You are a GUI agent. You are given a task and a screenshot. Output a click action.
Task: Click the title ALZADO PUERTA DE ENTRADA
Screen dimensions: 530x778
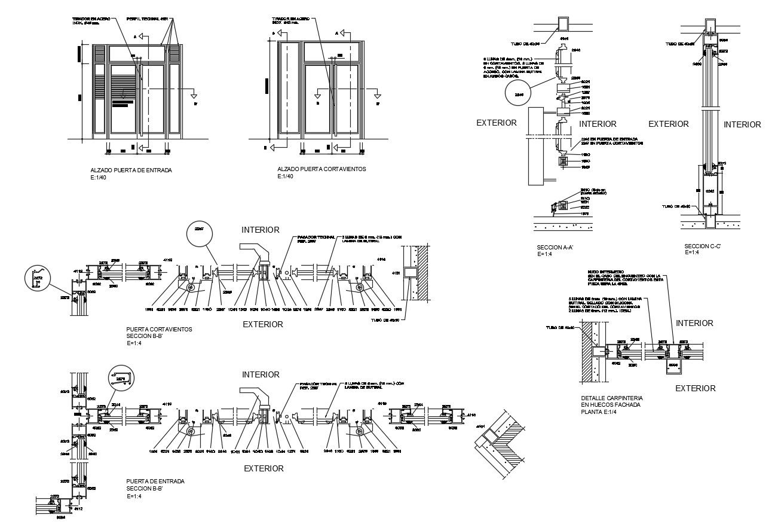(x=131, y=170)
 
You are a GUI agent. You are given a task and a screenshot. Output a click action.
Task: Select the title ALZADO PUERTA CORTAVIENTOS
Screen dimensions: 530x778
(x=321, y=169)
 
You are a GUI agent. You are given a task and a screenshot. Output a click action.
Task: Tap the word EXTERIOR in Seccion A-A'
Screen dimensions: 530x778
(x=496, y=123)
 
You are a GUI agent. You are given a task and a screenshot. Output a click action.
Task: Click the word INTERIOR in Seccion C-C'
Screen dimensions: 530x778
(x=742, y=124)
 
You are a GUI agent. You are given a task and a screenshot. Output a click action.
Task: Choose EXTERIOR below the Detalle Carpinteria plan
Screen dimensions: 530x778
(x=695, y=388)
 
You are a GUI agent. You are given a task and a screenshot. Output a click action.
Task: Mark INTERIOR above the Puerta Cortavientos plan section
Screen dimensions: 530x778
(x=261, y=230)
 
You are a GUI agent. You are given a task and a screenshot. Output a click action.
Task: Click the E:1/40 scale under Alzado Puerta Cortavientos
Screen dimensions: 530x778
(x=286, y=176)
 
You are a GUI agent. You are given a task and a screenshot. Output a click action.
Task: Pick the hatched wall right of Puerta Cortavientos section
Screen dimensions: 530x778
(x=420, y=272)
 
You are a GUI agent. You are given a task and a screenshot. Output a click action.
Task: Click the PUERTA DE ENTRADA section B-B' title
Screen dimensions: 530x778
(x=155, y=481)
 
